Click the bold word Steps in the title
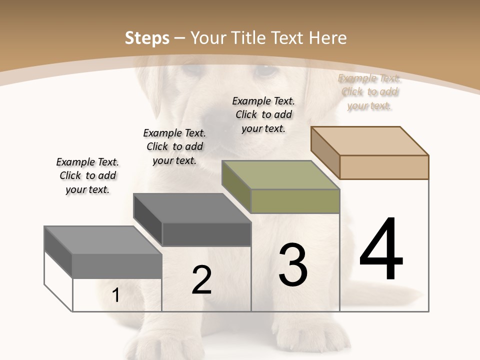click(x=147, y=38)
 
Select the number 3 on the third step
click(x=293, y=264)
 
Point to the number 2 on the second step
click(x=201, y=280)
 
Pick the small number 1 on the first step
click(x=115, y=295)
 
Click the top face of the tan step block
click(x=370, y=141)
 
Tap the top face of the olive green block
click(x=280, y=175)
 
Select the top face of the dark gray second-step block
click(x=192, y=208)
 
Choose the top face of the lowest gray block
click(x=103, y=240)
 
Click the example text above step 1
click(x=87, y=175)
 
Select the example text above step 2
click(x=174, y=146)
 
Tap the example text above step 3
click(x=263, y=114)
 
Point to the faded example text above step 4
click(x=369, y=91)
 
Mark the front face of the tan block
click(x=384, y=167)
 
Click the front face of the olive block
click(x=295, y=201)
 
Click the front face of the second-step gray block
click(x=206, y=234)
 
